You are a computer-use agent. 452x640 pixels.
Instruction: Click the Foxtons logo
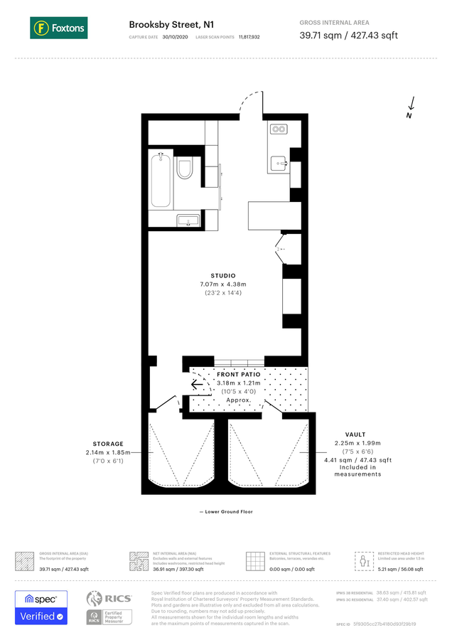click(58, 28)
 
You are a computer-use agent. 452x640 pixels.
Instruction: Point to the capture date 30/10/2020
click(176, 36)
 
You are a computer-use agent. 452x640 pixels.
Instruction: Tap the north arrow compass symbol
click(411, 107)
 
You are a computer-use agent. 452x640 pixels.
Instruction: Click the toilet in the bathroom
click(185, 169)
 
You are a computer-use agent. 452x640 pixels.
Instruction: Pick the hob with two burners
click(278, 130)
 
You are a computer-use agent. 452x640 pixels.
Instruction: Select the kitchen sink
click(279, 163)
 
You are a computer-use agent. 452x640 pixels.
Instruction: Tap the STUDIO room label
click(223, 275)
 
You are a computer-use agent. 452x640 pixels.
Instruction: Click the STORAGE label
click(107, 444)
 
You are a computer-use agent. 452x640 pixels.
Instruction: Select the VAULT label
click(355, 434)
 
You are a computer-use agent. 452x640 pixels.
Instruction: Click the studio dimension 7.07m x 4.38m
click(223, 284)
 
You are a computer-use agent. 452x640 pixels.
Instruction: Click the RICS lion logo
click(99, 599)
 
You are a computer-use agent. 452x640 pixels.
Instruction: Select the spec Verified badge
click(41, 607)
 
